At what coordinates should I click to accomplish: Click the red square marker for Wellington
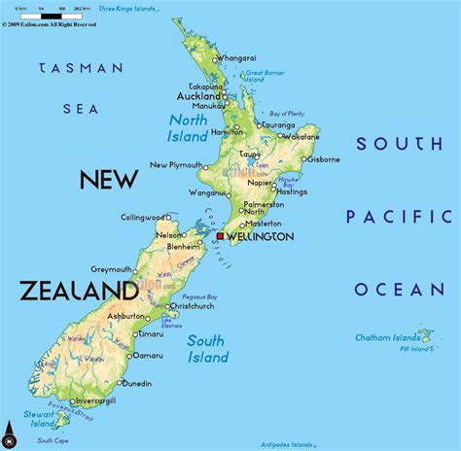point(221,235)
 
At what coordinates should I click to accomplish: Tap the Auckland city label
point(198,97)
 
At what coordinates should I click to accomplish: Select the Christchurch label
point(201,306)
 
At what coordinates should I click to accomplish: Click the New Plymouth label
point(176,165)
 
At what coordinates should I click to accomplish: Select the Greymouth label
point(111,269)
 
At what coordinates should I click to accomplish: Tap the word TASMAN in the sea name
point(81,68)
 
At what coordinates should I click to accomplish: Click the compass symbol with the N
point(10,432)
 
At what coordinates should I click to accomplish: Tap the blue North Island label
point(189,128)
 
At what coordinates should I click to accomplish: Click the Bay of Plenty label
point(287,115)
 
